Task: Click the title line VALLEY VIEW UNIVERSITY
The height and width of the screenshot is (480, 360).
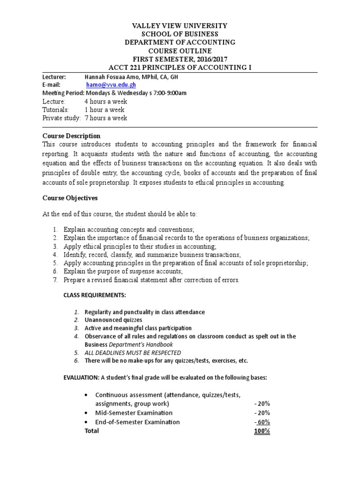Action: [180, 26]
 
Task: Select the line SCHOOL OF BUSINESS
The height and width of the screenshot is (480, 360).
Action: [180, 34]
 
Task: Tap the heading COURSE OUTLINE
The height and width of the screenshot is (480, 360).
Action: [180, 51]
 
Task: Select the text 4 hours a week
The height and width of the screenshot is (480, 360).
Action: [105, 101]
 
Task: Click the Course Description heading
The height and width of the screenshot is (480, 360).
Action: [71, 136]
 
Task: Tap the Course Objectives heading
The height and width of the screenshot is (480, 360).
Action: [70, 198]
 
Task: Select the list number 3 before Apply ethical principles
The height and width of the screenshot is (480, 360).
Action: [55, 246]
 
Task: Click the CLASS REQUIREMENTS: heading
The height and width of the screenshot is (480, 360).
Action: [94, 295]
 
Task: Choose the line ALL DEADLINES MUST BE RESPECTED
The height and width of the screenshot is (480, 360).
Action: [133, 352]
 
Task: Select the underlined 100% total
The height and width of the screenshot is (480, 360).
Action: [262, 431]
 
